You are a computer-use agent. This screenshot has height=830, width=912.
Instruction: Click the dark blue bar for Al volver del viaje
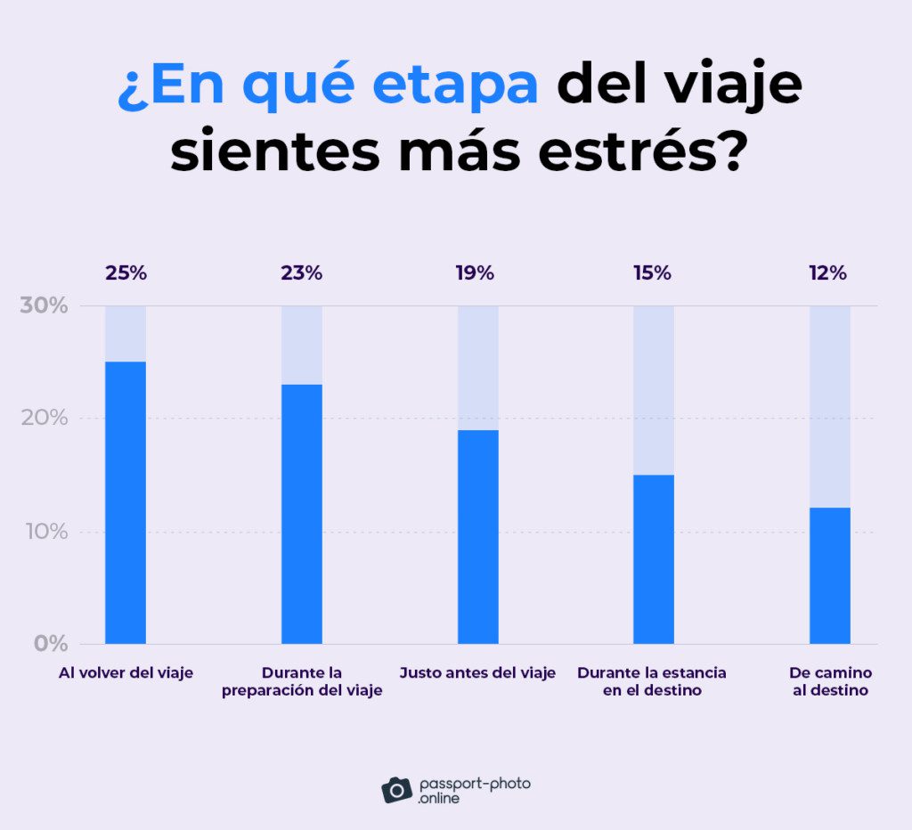(x=126, y=502)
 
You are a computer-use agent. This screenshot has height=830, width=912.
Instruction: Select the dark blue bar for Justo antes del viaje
(x=478, y=537)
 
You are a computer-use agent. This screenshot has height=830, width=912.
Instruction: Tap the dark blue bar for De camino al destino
(x=830, y=575)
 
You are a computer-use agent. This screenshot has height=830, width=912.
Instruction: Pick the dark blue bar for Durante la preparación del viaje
(x=302, y=514)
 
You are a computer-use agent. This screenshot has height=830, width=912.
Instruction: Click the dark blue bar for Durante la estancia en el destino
(x=654, y=559)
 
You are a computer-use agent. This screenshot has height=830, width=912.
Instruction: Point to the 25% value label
(x=126, y=273)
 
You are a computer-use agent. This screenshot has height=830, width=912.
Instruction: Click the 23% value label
(x=302, y=273)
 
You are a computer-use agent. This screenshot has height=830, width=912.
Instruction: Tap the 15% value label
(x=652, y=273)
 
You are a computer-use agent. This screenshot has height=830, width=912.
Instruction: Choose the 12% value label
(x=827, y=273)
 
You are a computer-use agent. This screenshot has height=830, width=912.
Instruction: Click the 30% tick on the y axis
(x=44, y=305)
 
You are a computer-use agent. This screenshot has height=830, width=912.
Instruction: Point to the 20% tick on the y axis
(x=44, y=418)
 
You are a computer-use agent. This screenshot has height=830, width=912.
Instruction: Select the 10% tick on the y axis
(x=44, y=532)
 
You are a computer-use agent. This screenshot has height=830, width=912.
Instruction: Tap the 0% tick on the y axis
(x=50, y=643)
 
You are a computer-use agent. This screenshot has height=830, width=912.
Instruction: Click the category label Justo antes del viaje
(x=477, y=673)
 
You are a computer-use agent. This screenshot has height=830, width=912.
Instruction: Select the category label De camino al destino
(x=830, y=681)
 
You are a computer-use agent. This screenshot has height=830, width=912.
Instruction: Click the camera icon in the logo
(x=396, y=789)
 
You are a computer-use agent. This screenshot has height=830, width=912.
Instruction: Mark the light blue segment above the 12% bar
(x=830, y=406)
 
